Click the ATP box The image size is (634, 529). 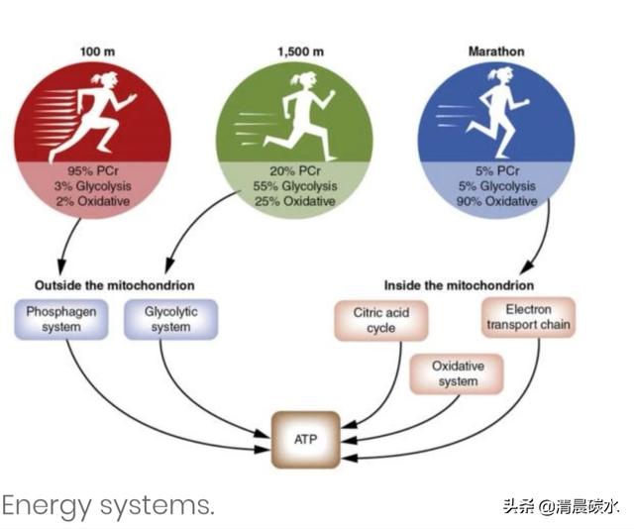pos(305,439)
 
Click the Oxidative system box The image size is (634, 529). pos(455,374)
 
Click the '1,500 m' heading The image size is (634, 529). pos(294,52)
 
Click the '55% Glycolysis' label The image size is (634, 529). pos(294,185)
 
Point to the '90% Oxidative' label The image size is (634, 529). pos(498,201)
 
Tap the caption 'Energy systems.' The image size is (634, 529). pos(107,505)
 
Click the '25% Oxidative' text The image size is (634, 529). pos(294,201)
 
